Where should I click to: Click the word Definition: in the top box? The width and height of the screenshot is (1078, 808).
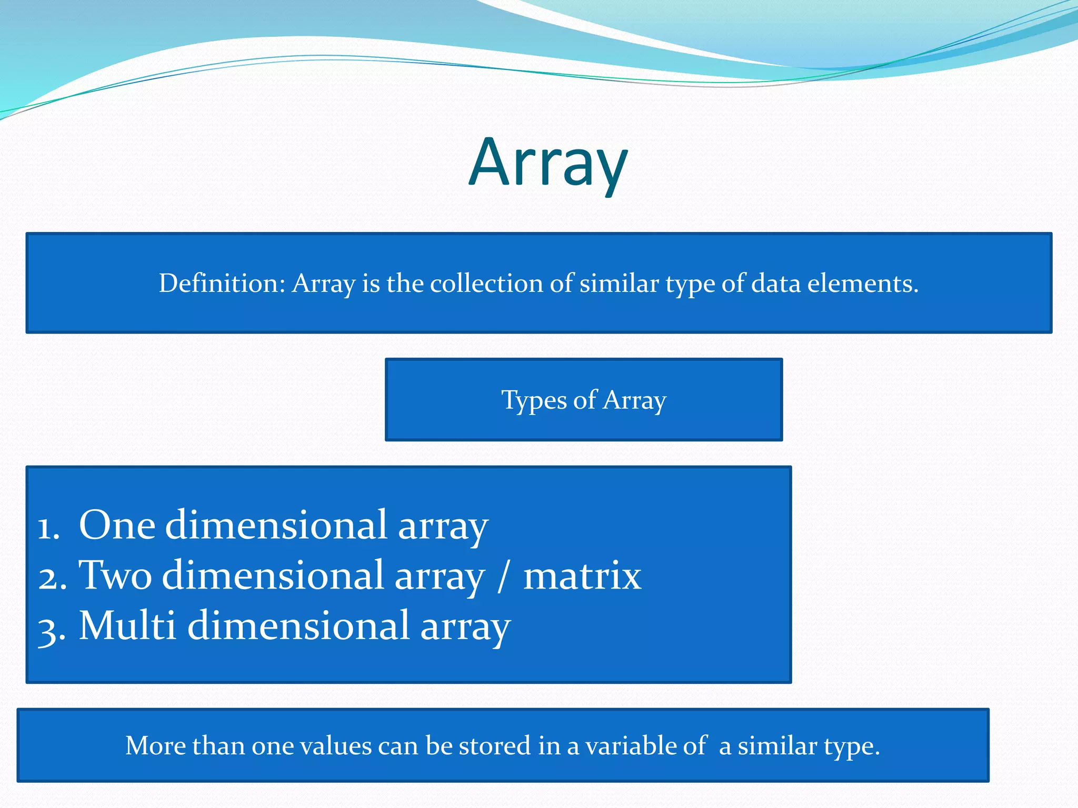[222, 284]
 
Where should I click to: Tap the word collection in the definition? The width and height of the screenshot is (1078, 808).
[486, 284]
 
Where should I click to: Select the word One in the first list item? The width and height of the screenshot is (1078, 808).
[117, 525]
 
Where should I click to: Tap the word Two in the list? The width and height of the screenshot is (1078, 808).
[115, 575]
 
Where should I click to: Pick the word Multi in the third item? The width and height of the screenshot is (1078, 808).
[127, 625]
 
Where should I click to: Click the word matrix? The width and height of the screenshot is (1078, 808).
[582, 575]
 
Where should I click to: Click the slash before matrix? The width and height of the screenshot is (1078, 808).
[503, 576]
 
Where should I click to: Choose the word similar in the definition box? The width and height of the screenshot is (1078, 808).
[619, 284]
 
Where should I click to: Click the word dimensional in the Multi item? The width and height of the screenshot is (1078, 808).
[298, 625]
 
